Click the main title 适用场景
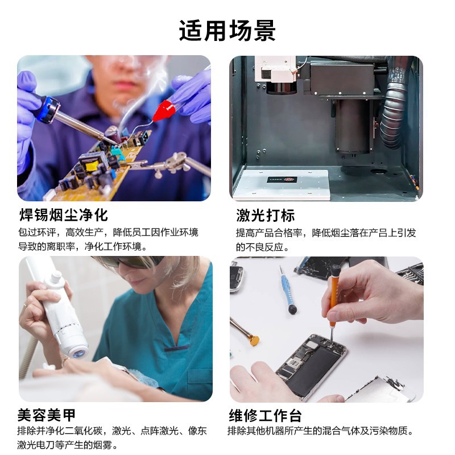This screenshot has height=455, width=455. [227, 31]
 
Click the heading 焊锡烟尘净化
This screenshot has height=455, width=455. [64, 215]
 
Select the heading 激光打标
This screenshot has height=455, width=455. [265, 216]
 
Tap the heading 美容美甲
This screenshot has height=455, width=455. [47, 415]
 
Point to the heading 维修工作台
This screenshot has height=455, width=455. [265, 415]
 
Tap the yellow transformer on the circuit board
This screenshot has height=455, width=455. [91, 166]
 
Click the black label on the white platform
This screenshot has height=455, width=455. [282, 180]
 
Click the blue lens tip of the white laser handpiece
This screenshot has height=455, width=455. [78, 354]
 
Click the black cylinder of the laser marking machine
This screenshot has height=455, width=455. [353, 126]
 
